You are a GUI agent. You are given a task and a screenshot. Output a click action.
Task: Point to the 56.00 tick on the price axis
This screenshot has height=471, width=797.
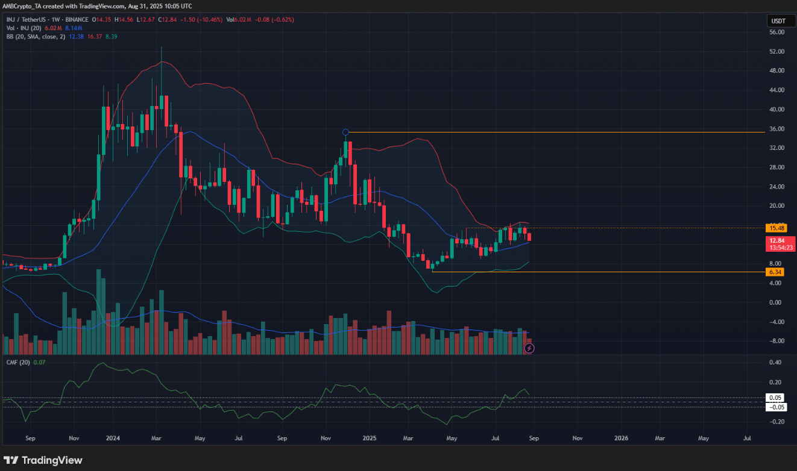pos(776,33)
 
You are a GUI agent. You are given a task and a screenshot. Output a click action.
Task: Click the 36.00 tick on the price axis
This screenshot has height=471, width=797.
pos(776,129)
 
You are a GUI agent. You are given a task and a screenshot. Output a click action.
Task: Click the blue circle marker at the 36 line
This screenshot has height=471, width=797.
pos(345,132)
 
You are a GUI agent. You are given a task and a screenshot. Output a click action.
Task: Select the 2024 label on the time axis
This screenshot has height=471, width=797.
pos(113,440)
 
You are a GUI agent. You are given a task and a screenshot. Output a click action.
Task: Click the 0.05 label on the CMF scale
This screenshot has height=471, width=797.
pos(775,398)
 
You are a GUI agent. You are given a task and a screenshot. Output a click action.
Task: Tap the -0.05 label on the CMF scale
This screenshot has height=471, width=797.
pos(775,407)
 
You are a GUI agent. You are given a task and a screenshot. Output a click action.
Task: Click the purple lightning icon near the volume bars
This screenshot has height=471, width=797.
pos(529,348)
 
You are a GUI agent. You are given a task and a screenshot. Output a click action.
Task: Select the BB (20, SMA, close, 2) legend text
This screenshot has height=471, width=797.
pos(31,36)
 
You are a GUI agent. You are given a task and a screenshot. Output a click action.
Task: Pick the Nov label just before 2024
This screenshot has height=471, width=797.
pos(74,440)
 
